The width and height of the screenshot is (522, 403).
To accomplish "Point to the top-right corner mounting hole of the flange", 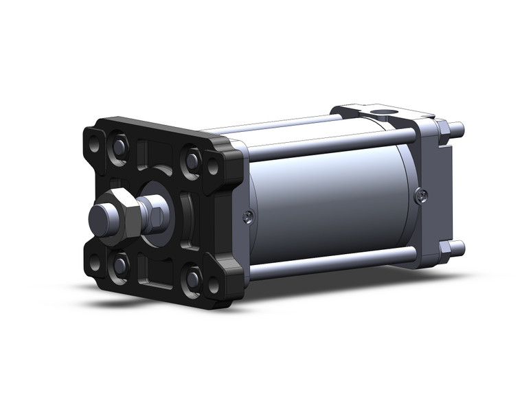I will tap(213, 166).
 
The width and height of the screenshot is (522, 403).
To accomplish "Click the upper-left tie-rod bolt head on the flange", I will tap(120, 146).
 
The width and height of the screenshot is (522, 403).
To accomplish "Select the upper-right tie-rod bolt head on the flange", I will tap(192, 161).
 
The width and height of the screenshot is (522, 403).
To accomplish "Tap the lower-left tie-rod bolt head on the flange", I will tap(121, 264).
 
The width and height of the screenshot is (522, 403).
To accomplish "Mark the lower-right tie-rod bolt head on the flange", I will tap(193, 277).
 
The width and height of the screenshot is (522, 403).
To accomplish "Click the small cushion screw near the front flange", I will tap(249, 217).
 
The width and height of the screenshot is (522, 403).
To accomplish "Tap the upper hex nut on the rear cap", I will tap(442, 128).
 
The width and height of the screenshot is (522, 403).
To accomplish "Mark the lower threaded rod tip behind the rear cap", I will tap(459, 246).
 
